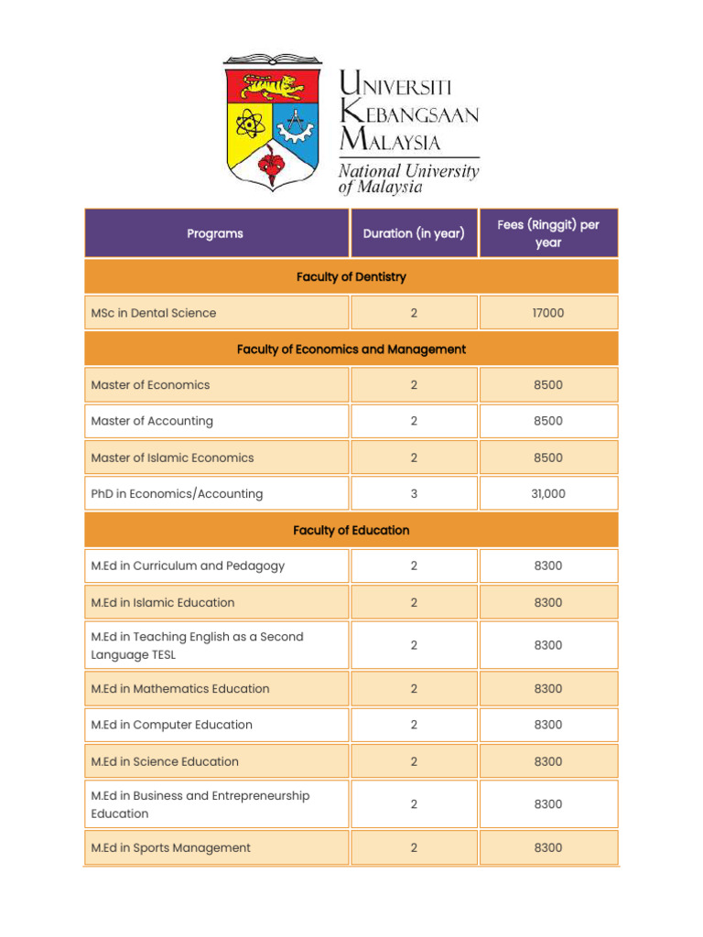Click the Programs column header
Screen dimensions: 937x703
[x=215, y=233]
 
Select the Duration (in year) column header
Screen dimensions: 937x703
[x=414, y=233]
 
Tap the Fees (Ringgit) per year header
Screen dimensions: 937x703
[x=548, y=233]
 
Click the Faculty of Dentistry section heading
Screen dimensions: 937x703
[x=351, y=276]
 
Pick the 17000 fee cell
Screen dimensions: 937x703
[x=548, y=313]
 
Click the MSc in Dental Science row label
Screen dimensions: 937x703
[x=154, y=313]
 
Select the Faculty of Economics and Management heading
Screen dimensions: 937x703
[x=351, y=349]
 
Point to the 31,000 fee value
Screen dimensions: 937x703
[x=548, y=493]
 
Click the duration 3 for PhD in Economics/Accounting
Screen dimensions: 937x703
[x=414, y=493]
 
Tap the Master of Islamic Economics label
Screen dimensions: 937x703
[x=172, y=458]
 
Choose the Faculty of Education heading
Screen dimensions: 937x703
[x=351, y=530]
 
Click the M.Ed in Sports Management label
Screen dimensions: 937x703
[x=170, y=847]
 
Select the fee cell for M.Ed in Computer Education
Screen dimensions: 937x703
[x=548, y=725]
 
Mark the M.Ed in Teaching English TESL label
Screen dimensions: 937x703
[x=197, y=645]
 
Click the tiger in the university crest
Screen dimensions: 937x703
[x=273, y=87]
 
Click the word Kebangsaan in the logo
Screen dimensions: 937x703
[x=408, y=114]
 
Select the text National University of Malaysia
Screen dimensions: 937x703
[x=408, y=178]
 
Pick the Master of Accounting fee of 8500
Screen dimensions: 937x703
[x=548, y=421]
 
